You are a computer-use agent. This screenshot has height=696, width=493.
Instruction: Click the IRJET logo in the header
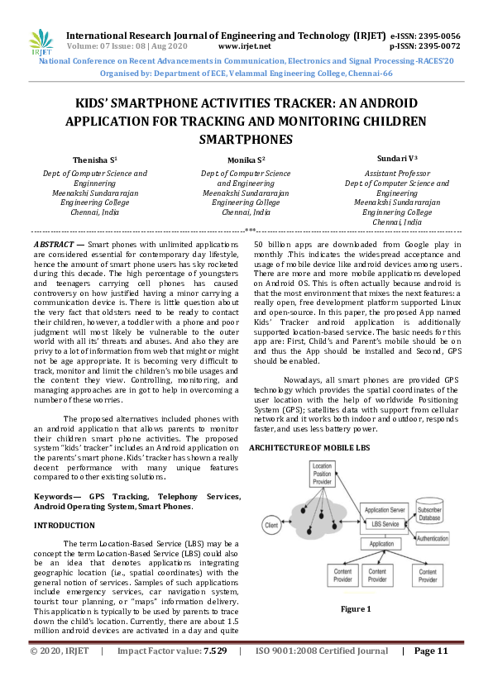coord(40,41)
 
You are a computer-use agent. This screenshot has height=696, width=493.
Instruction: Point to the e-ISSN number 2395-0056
coord(438,36)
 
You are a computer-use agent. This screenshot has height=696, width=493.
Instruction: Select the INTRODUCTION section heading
coord(64,525)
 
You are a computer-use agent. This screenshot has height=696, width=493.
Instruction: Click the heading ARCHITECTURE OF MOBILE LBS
coord(310,447)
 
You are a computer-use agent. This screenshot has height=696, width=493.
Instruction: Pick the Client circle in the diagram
coord(270,524)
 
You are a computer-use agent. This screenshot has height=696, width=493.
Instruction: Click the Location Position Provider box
coord(322,474)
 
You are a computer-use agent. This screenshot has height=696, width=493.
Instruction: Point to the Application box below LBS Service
coord(381,544)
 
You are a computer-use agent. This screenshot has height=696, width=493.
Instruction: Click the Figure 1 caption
coord(356,609)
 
